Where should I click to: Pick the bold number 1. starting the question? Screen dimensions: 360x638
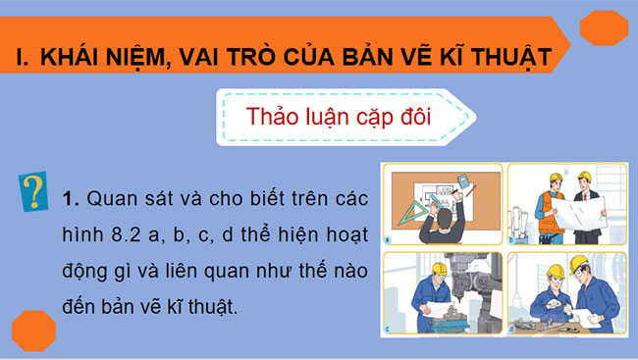[69, 199]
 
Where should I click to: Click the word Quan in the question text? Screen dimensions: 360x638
[110, 199]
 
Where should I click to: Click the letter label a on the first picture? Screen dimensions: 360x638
[388, 239]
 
